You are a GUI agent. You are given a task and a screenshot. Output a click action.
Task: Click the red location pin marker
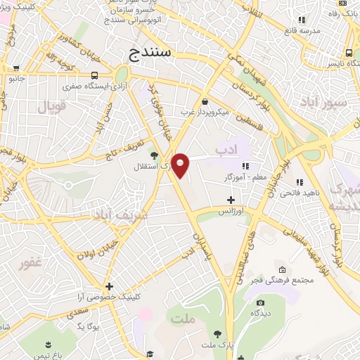(181, 166)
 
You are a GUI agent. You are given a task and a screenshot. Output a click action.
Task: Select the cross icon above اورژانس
(231, 200)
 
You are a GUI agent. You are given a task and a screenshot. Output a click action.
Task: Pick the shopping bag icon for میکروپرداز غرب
(204, 101)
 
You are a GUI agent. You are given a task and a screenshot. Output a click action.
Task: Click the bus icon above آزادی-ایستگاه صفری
(96, 75)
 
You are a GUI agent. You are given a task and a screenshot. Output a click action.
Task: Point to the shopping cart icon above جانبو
(15, 68)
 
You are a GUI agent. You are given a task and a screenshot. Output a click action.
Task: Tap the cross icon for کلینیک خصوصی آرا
(109, 286)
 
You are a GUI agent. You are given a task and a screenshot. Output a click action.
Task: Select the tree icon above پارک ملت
(217, 334)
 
